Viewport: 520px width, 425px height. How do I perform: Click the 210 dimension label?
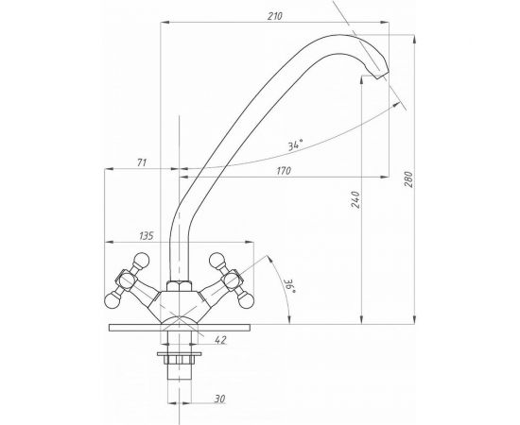point(275,16)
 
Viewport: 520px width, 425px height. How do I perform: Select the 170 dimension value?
point(284,171)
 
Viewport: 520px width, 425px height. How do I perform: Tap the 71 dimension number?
point(142,162)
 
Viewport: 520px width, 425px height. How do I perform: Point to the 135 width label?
point(147,236)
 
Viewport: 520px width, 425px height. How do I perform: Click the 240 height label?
point(355,199)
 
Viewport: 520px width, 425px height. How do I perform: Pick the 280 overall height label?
point(408,179)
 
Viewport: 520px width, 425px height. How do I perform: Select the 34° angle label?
point(295,144)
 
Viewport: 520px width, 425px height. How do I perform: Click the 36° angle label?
point(289,285)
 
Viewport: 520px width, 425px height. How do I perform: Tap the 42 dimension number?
point(220,340)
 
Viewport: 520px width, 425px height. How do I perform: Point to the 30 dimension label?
point(219,399)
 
